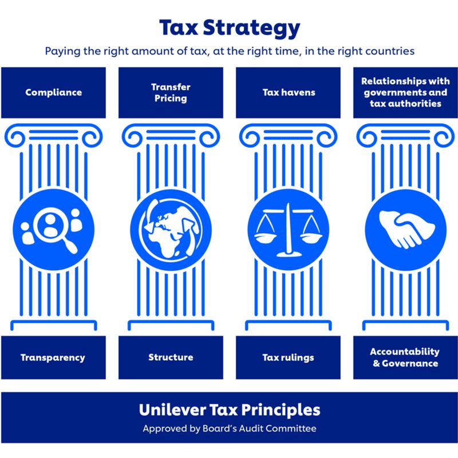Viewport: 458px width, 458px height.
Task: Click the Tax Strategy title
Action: tap(229, 28)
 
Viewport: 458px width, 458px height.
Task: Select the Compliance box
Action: tap(53, 92)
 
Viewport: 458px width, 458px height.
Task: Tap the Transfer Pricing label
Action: tap(171, 92)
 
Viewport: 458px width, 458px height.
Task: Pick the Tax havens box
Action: tap(288, 92)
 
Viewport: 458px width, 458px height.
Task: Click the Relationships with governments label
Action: tap(405, 92)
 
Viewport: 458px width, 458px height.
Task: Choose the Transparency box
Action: tap(53, 357)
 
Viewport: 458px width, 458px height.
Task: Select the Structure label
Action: tap(171, 357)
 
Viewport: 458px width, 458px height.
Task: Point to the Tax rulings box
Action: tap(288, 357)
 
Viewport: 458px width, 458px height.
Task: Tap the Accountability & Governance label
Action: tap(405, 357)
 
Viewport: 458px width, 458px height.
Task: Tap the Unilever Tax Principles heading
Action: tap(229, 410)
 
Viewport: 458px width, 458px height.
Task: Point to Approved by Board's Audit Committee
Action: tap(229, 428)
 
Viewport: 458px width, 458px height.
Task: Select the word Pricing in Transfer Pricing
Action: tap(171, 98)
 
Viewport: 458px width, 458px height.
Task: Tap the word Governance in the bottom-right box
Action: tap(410, 363)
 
